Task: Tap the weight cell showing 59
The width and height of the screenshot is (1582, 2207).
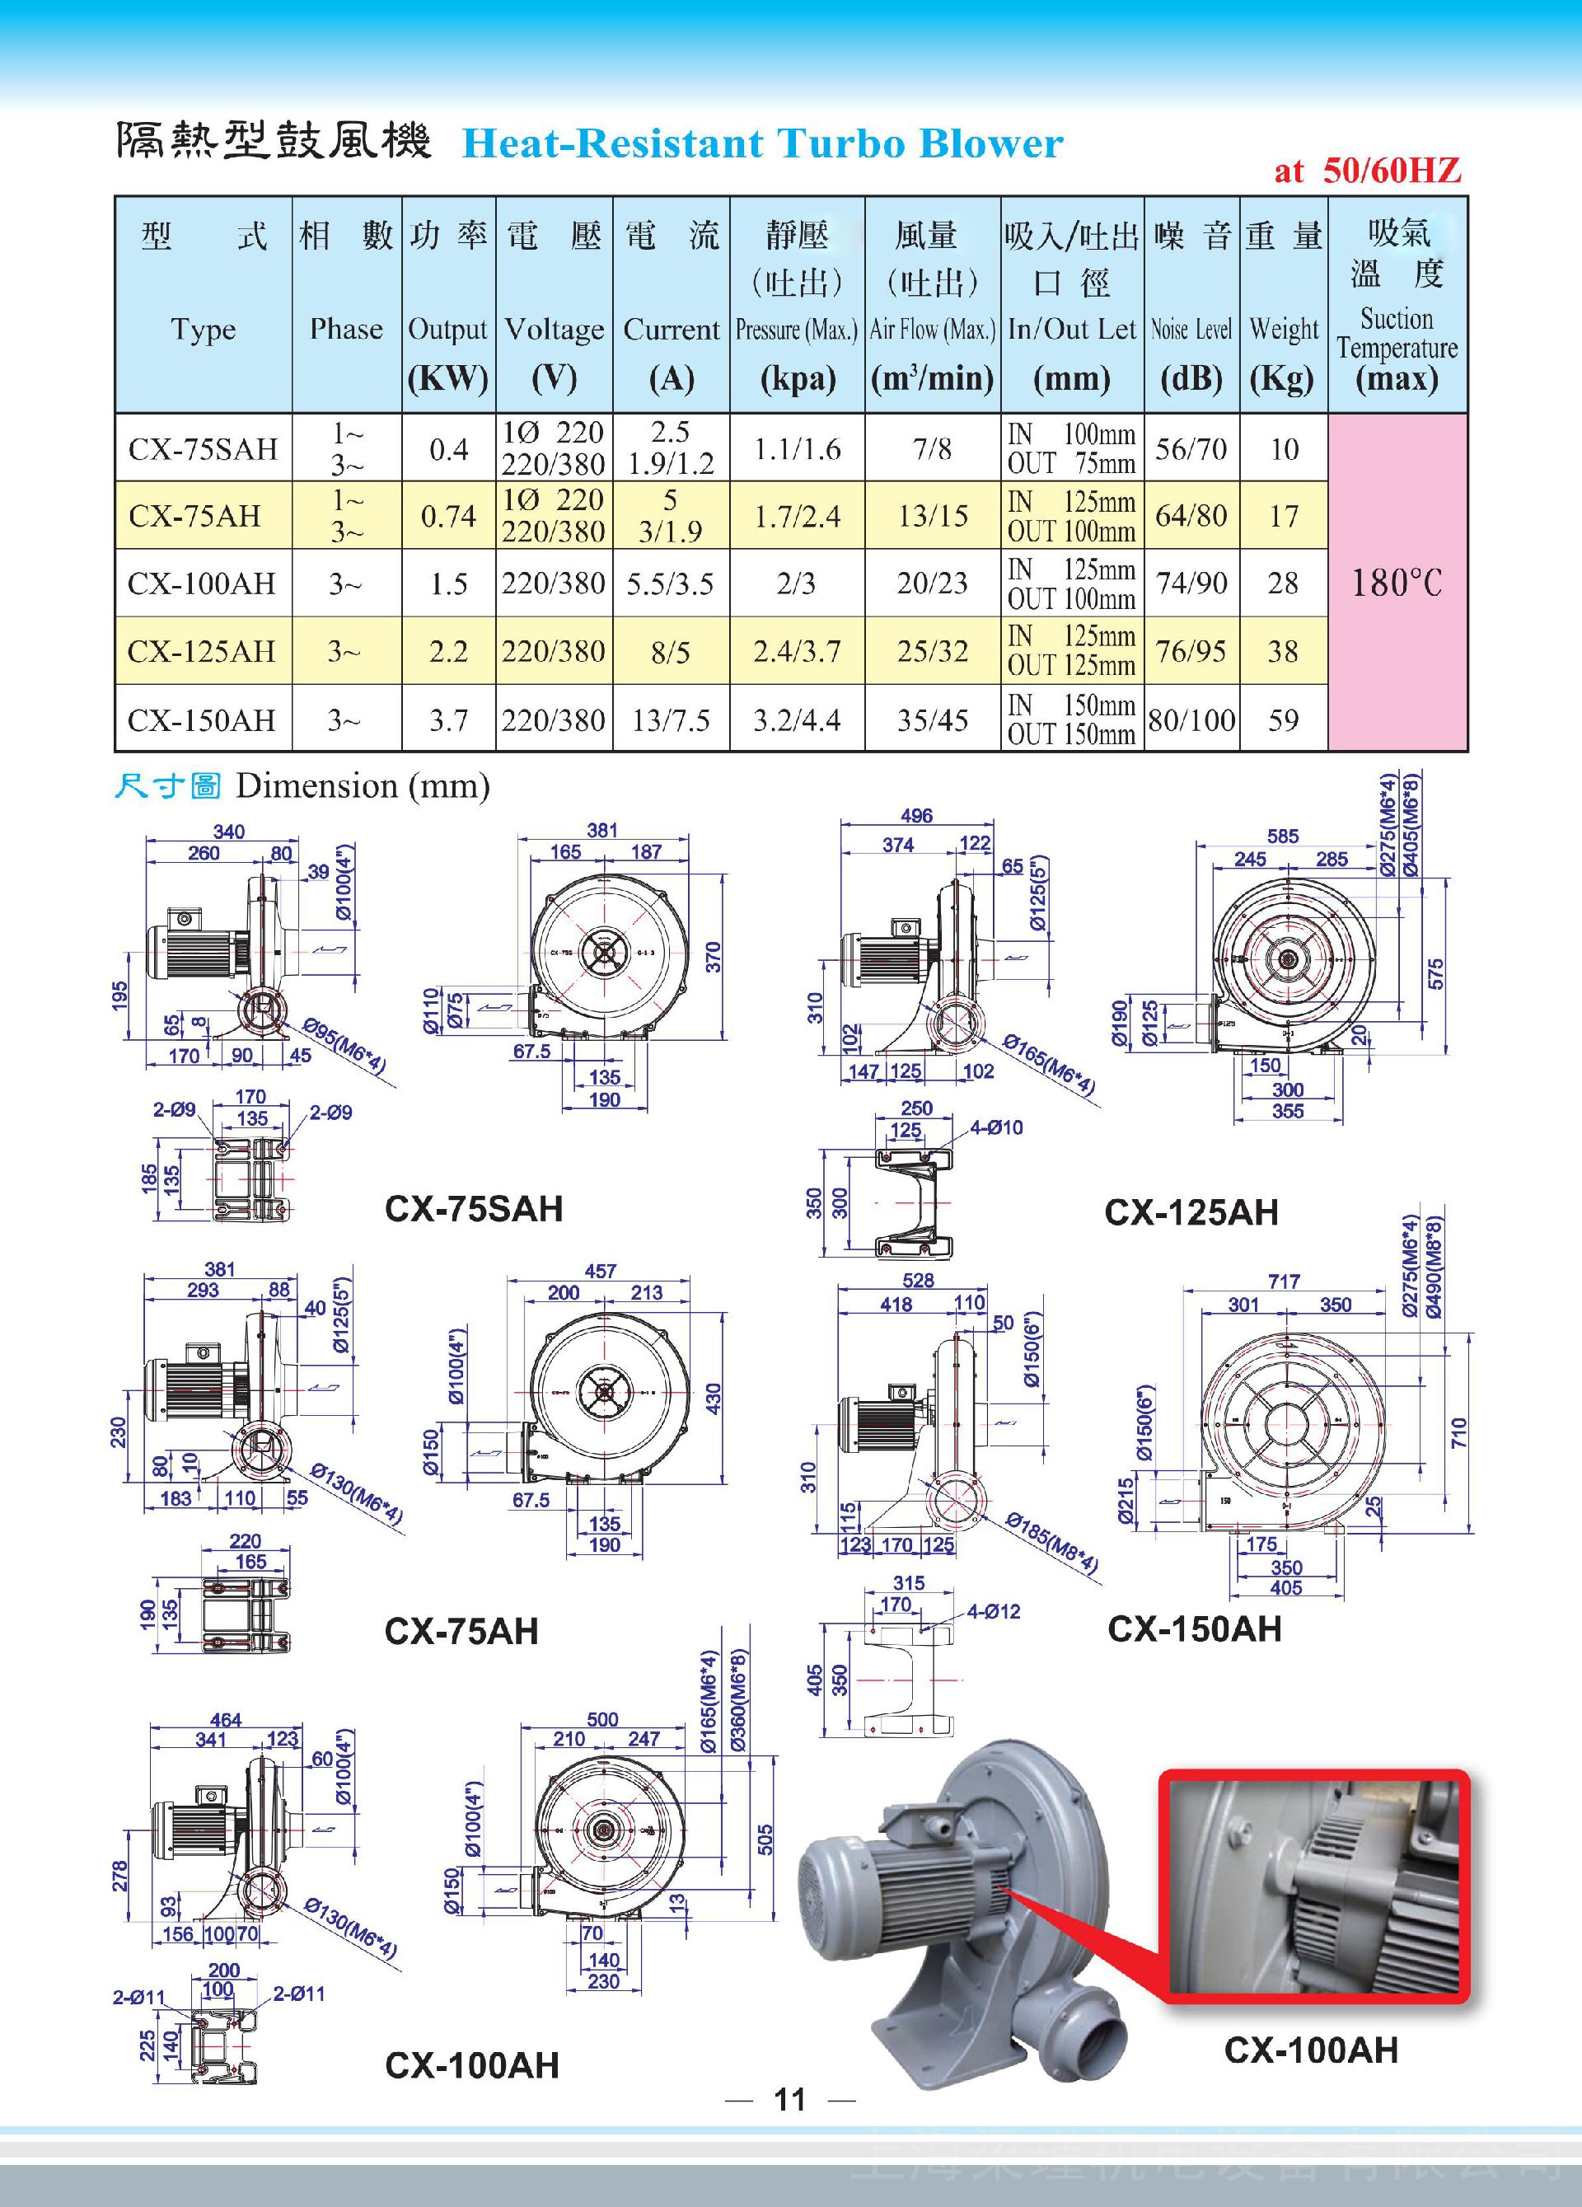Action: click(x=1283, y=720)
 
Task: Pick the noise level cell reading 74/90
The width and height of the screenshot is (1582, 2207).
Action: click(x=1191, y=583)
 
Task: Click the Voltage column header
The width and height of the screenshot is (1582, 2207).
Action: click(x=554, y=330)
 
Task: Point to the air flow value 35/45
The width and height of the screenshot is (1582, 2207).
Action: click(x=932, y=720)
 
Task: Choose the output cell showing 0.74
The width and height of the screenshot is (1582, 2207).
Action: click(x=448, y=516)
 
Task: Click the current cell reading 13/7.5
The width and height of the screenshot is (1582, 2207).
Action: click(x=671, y=720)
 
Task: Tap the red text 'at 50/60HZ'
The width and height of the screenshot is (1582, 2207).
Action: click(x=1367, y=171)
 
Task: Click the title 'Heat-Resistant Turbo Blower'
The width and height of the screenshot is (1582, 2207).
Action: click(x=762, y=144)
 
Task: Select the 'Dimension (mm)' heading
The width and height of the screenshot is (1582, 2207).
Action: click(x=362, y=785)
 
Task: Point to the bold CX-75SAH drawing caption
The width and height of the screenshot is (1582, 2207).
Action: click(x=474, y=1209)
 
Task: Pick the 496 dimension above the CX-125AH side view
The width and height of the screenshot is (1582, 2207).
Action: click(x=915, y=815)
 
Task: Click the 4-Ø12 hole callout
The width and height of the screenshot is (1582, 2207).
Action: click(x=994, y=1611)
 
